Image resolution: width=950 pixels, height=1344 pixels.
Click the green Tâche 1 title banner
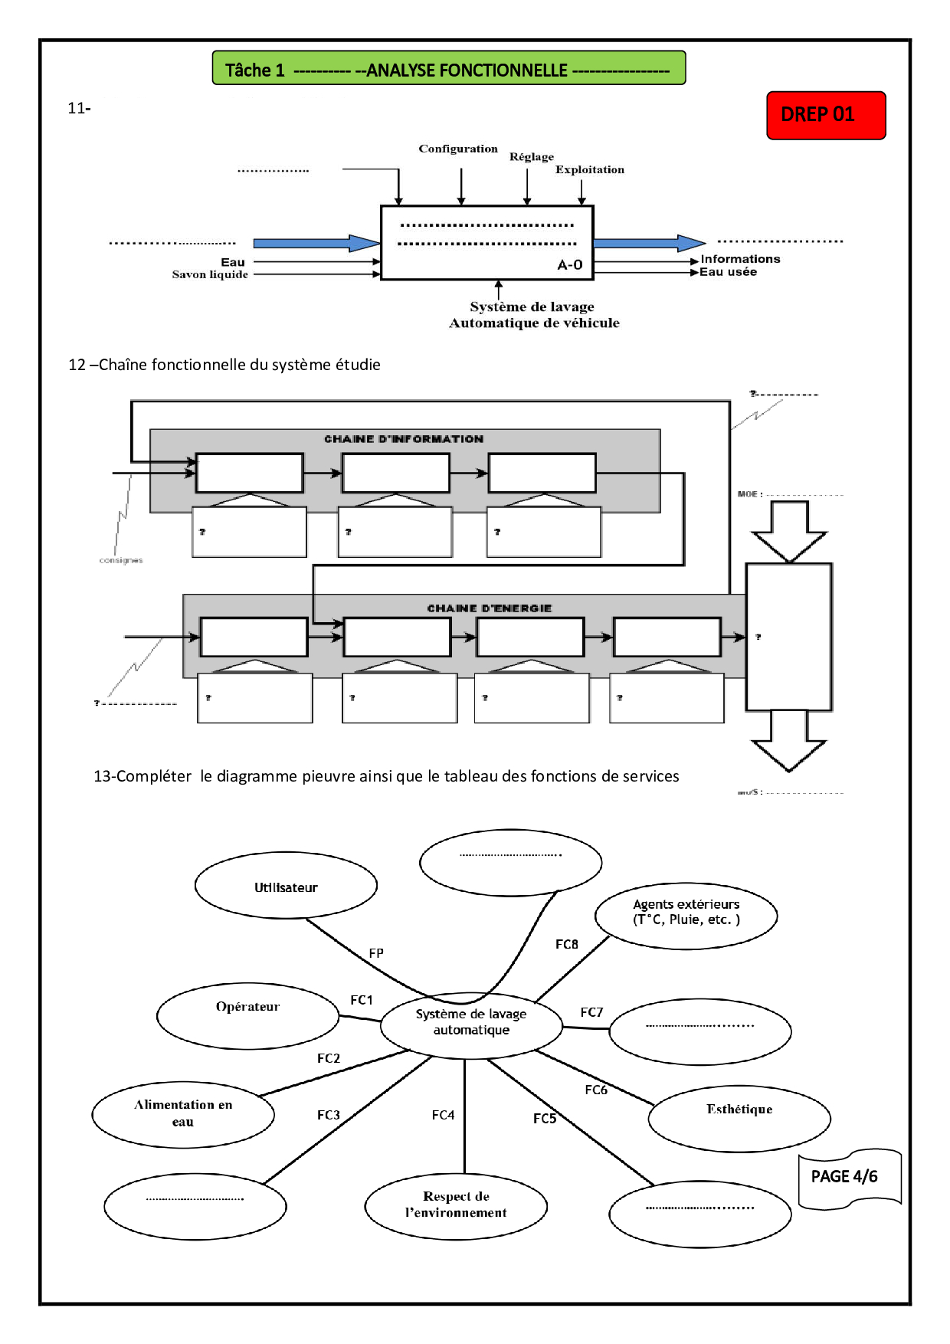[x=448, y=69]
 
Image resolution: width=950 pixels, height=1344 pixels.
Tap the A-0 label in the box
[x=569, y=265]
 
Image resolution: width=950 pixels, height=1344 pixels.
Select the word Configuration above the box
[x=457, y=149]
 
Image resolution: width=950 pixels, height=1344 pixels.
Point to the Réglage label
[x=531, y=157]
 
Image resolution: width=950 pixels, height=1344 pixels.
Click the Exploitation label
[x=589, y=169]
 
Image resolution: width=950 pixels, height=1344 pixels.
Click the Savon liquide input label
[x=210, y=274]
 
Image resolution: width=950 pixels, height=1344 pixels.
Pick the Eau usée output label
[x=728, y=272]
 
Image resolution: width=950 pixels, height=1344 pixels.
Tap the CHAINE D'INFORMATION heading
[x=404, y=439]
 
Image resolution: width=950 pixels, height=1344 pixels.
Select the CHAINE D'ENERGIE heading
[x=489, y=608]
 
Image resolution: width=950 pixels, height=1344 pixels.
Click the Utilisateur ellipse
[x=286, y=886]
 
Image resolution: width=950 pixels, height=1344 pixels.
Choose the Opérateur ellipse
[x=247, y=1015]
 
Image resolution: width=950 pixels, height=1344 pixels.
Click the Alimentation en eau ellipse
[x=183, y=1114]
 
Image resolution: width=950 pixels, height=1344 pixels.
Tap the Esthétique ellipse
[x=739, y=1118]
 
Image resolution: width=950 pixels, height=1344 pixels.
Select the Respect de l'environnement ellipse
[x=456, y=1205]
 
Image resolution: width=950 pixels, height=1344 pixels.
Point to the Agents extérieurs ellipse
[x=686, y=915]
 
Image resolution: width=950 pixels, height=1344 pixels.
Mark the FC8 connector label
[x=566, y=945]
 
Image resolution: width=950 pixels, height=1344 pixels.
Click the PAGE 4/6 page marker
[x=844, y=1177]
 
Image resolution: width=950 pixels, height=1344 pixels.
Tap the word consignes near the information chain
[x=121, y=561]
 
